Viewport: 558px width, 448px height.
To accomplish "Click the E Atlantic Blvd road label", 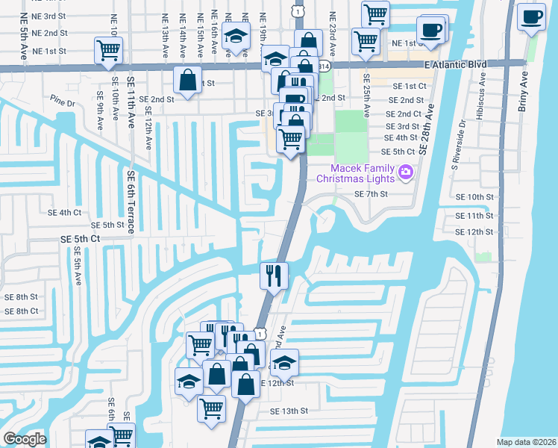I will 455,65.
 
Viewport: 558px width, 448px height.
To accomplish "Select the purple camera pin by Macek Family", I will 406,172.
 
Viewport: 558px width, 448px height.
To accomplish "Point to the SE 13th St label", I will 289,411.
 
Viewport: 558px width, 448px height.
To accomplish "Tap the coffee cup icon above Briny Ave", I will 533,16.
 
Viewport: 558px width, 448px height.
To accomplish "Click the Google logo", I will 25,439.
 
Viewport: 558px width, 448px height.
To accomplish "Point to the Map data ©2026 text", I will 526,442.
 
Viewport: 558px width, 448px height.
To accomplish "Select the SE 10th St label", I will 476,196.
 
